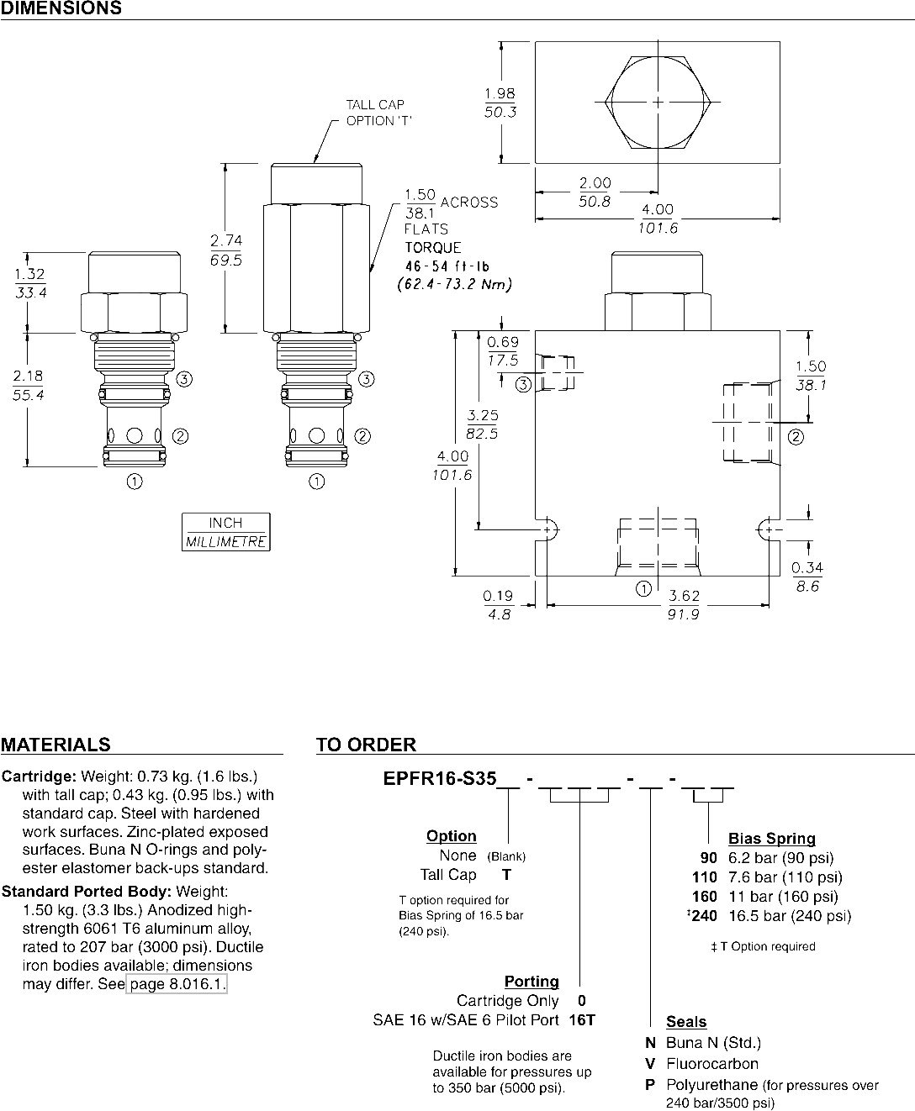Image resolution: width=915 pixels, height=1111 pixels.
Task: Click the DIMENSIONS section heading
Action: tap(61, 8)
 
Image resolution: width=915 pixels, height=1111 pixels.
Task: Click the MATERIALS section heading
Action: tap(56, 745)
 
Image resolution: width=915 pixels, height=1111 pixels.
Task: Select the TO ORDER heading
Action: tap(367, 745)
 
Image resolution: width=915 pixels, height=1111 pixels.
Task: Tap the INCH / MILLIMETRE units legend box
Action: tap(226, 532)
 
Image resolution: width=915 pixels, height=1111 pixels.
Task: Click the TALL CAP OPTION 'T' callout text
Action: tap(378, 113)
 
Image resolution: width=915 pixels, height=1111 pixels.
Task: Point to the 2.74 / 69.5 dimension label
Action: tap(226, 250)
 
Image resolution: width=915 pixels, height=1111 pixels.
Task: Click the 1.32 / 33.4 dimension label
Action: tap(30, 283)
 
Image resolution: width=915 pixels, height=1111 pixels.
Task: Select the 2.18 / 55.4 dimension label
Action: tap(29, 385)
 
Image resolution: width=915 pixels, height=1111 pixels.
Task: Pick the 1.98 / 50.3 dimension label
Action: tap(500, 103)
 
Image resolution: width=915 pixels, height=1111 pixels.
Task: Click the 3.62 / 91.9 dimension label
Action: tap(684, 605)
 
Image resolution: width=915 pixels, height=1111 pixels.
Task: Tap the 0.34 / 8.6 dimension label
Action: tap(807, 577)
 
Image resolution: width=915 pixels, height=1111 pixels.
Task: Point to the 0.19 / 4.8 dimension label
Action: tap(498, 605)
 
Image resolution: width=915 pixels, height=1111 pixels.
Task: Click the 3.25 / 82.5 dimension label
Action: tap(482, 424)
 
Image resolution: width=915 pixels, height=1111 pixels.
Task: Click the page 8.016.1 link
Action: tap(177, 983)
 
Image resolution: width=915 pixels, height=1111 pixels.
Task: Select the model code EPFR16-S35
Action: tap(440, 778)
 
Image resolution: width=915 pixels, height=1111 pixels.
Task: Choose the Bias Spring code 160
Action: tap(704, 897)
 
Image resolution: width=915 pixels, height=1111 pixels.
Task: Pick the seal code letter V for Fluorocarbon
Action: tap(650, 1064)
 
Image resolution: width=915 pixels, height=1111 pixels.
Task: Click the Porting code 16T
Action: tap(582, 1020)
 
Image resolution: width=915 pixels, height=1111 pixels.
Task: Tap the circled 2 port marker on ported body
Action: tap(796, 437)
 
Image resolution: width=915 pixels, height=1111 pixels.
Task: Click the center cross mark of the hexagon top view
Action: tap(658, 103)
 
